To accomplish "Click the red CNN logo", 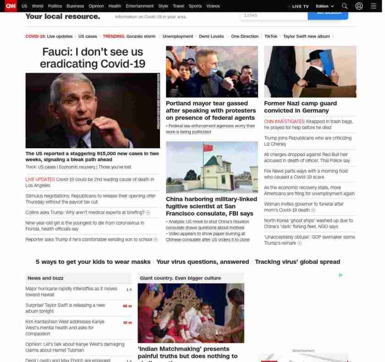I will (x=11, y=6).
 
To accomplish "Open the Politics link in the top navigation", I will (x=55, y=6).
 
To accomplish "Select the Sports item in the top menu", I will (x=195, y=6).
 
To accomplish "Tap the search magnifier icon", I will (x=345, y=6).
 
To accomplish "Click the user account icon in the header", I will (x=359, y=6).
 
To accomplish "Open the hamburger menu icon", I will (x=373, y=6).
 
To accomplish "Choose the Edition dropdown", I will (x=324, y=6).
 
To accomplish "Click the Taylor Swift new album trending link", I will (x=306, y=36).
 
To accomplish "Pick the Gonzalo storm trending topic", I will (x=141, y=36).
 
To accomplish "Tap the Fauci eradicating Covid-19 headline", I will (x=93, y=58).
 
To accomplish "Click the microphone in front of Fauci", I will (x=90, y=122).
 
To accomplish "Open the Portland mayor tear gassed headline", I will (x=210, y=110).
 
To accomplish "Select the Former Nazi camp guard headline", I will (x=300, y=107).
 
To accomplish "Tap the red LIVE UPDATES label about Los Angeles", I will (x=40, y=179).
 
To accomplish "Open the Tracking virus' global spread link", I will (x=297, y=262).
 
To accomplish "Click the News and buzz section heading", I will (x=45, y=278).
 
